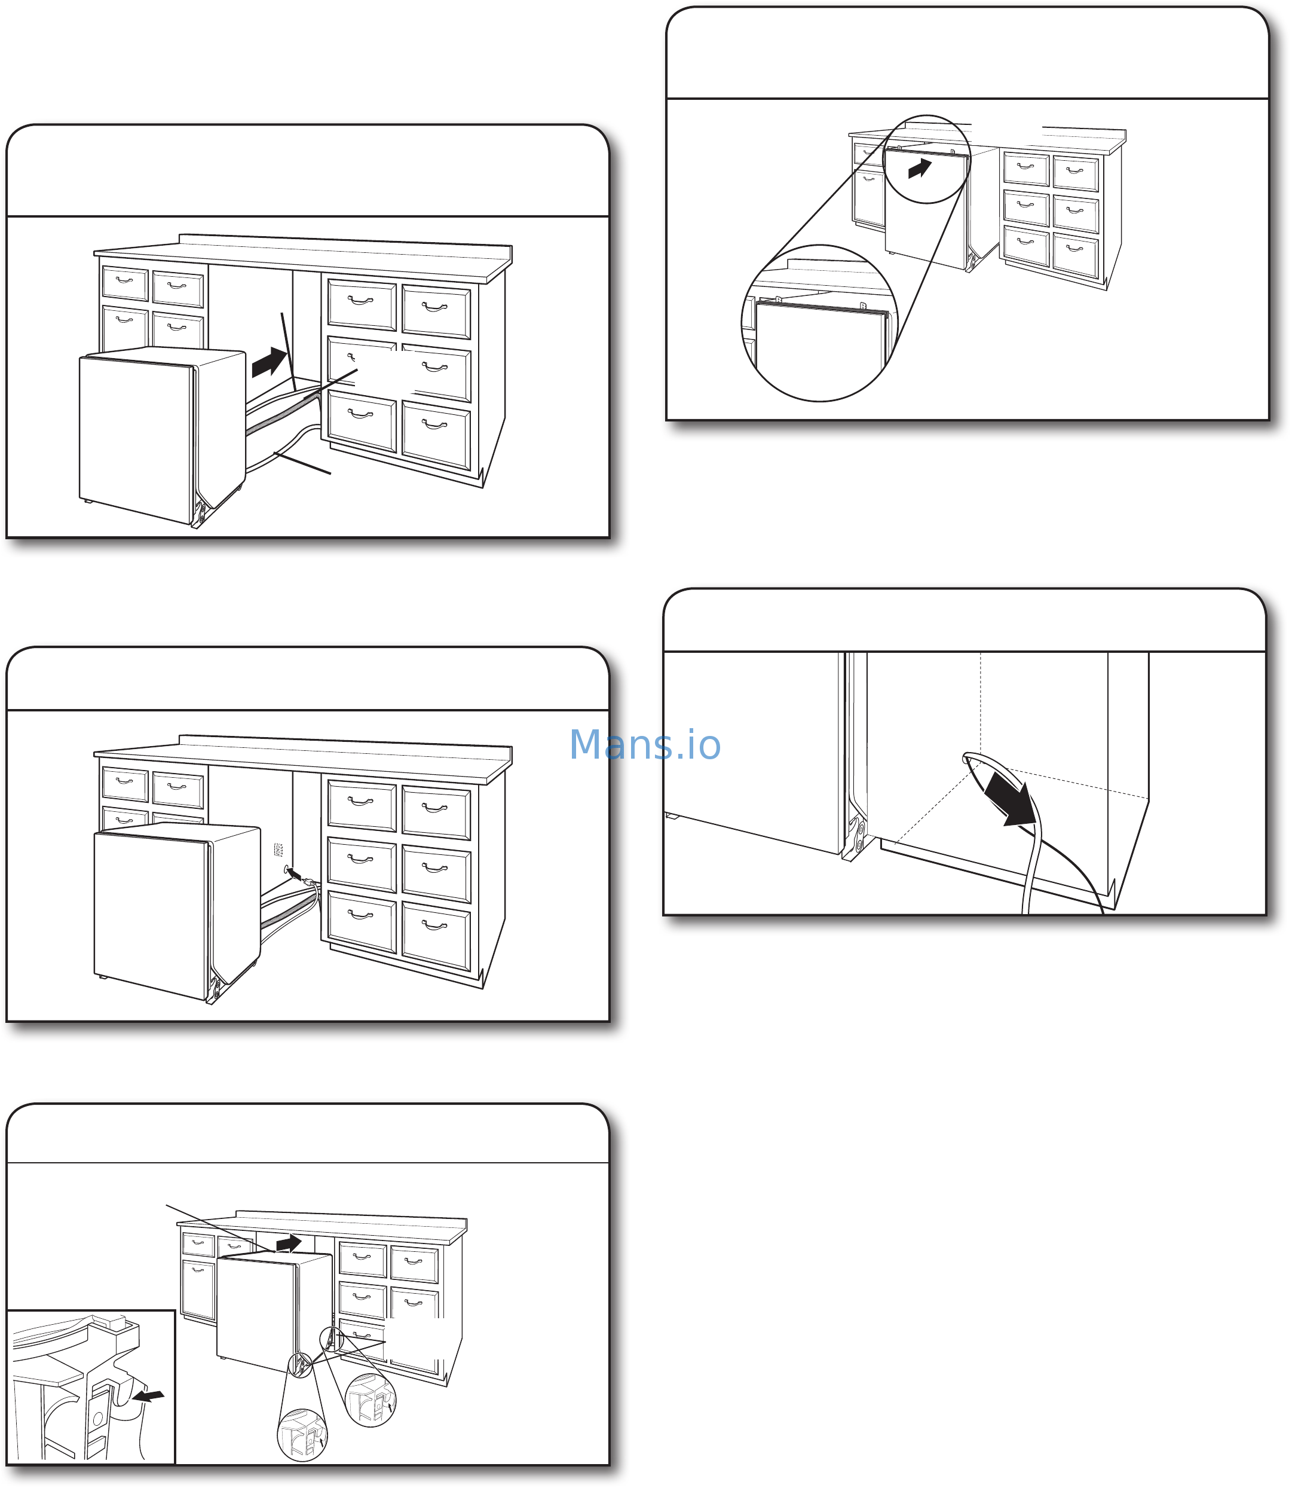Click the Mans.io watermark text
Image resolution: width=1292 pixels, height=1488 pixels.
[645, 744]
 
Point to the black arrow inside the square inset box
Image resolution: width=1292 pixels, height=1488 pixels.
[149, 1397]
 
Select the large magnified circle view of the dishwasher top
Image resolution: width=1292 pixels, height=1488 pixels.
[820, 323]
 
